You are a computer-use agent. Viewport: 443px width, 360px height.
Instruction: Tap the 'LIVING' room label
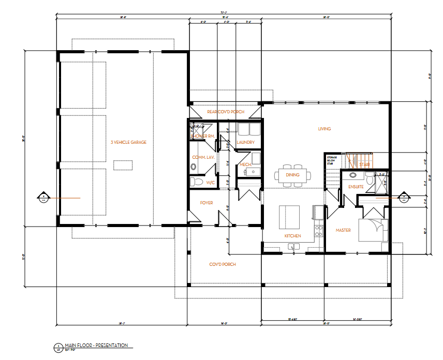[x=324, y=129]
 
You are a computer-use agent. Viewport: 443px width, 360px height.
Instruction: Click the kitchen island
[x=290, y=216]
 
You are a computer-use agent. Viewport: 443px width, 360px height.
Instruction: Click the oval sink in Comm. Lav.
[x=194, y=167]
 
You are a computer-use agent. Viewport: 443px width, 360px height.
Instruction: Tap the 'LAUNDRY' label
[x=245, y=142]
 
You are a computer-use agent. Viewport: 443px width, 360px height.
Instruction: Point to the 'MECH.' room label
[x=245, y=165]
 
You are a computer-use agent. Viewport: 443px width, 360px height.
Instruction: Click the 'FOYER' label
[x=206, y=203]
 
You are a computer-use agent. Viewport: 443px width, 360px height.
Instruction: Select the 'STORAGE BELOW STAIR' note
[x=332, y=159]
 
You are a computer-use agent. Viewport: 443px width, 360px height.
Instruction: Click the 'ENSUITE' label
[x=356, y=186]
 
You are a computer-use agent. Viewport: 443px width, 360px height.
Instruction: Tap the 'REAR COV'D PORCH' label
[x=225, y=112]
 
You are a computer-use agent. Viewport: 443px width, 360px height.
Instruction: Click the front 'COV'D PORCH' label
[x=223, y=264]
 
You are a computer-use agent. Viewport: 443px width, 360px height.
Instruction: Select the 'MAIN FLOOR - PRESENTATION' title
[x=96, y=345]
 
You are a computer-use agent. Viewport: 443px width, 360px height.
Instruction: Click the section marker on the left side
[x=44, y=197]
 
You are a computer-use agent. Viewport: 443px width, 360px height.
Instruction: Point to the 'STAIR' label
[x=363, y=164]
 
